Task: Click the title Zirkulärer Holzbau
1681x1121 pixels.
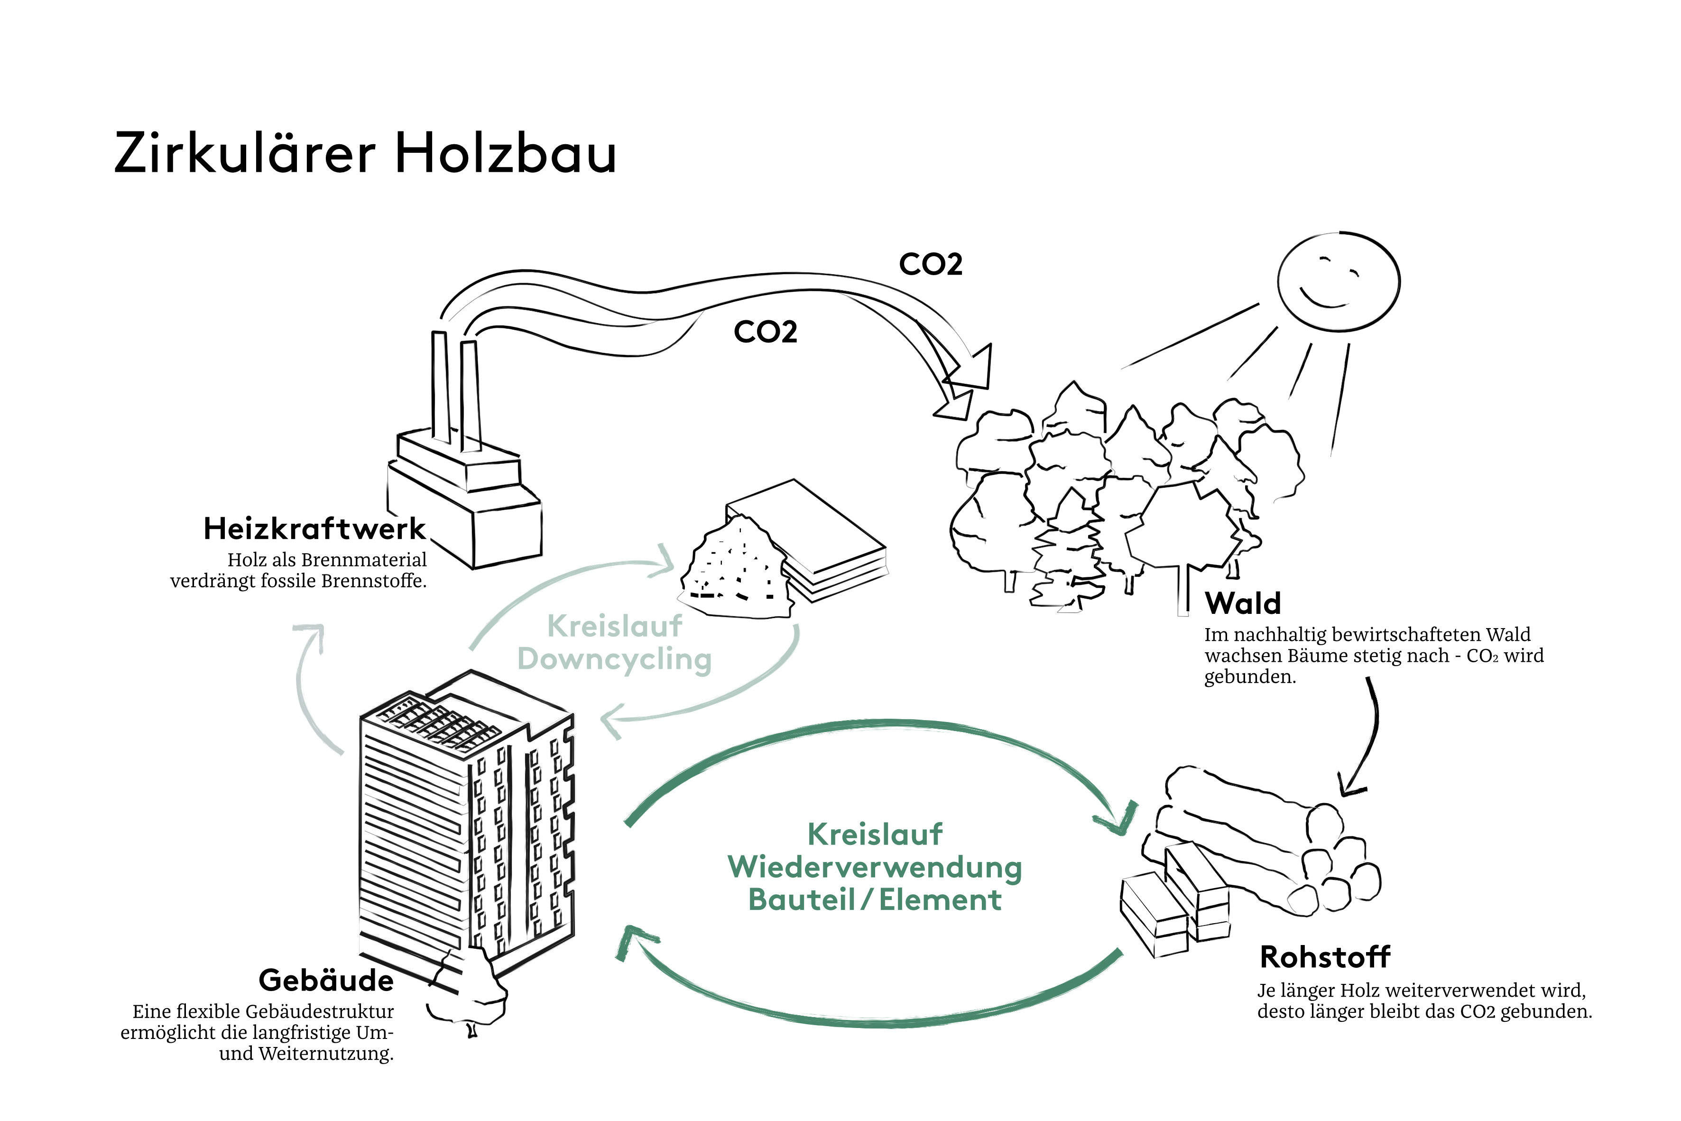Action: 364,153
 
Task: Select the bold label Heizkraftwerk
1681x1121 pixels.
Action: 314,529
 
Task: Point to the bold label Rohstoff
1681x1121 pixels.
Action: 1325,956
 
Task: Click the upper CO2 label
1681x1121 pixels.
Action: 931,265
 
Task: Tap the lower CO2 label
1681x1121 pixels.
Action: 766,332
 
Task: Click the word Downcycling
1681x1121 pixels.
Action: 615,659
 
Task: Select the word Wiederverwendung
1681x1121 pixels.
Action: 875,867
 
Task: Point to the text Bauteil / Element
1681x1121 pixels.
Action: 875,900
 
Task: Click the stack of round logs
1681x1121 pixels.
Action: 1272,843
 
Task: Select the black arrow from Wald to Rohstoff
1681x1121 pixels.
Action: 1369,736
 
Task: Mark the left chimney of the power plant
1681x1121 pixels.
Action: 440,386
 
